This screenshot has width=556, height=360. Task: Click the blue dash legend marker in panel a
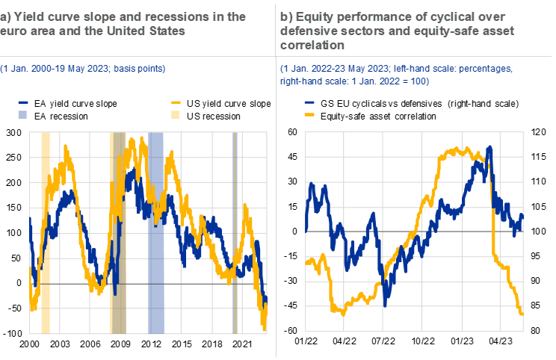22,102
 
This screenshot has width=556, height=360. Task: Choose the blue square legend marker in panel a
22,114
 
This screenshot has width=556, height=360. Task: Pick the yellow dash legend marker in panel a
176,102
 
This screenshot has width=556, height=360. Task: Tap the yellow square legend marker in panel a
176,114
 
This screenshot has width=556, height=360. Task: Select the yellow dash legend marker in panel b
309,114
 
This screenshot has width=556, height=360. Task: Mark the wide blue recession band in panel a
155,232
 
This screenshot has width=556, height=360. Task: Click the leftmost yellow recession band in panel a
46,232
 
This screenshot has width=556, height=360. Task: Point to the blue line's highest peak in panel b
489,148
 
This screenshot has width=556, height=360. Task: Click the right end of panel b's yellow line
522,313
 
